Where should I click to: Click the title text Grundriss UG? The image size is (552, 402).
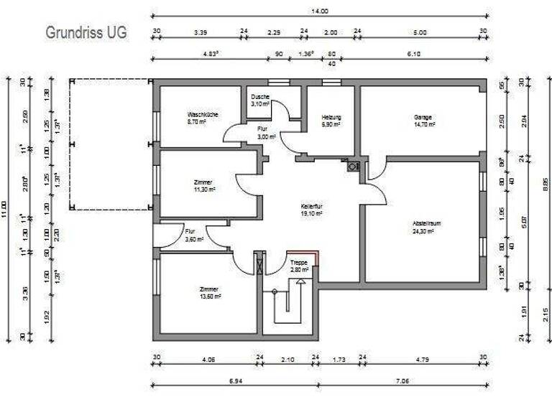click(x=86, y=33)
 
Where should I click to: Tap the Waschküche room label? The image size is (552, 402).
click(x=203, y=114)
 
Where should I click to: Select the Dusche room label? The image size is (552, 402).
click(x=260, y=97)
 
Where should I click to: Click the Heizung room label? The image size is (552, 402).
click(x=331, y=117)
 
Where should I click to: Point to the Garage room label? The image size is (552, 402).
click(x=423, y=117)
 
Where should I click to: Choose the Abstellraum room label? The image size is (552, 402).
click(x=426, y=223)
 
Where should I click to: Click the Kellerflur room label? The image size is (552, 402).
click(x=312, y=205)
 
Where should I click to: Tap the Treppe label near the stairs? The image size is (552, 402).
click(x=299, y=263)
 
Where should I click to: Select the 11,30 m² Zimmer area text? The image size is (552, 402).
click(x=205, y=190)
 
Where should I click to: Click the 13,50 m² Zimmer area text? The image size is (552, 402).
click(x=210, y=296)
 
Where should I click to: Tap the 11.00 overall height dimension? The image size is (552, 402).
click(x=8, y=208)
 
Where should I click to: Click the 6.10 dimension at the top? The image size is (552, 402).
click(x=413, y=53)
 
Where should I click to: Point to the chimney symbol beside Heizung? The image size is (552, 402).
click(x=351, y=167)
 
